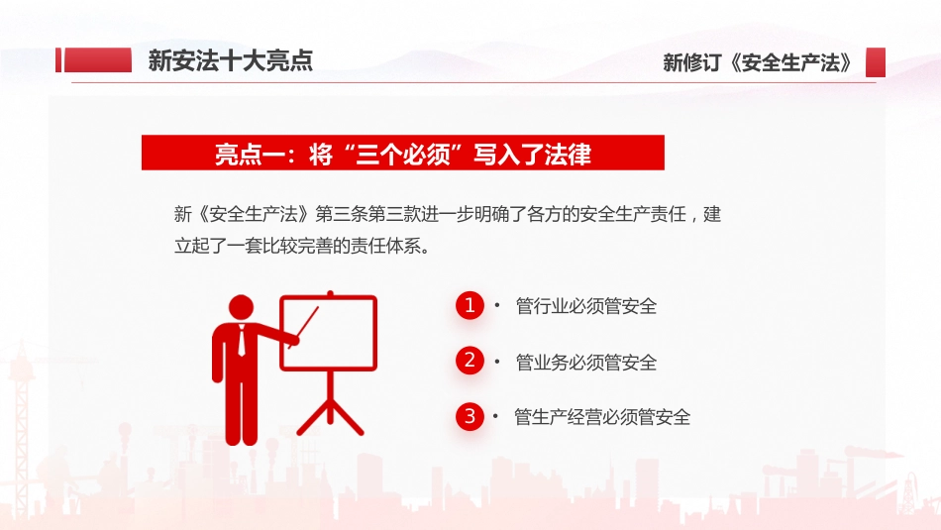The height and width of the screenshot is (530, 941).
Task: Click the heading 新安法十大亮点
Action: (x=230, y=60)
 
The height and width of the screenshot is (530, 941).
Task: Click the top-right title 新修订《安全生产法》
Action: (x=758, y=62)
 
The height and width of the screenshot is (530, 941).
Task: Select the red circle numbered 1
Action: (x=470, y=306)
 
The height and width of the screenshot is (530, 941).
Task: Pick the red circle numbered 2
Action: (x=470, y=361)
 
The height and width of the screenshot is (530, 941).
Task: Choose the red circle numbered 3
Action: (x=470, y=416)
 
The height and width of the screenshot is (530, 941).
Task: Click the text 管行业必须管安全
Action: (x=586, y=307)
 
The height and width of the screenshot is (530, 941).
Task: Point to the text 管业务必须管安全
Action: (x=586, y=363)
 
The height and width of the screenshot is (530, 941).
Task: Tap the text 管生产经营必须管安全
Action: (x=602, y=417)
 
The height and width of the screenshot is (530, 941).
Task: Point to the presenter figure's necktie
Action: (x=242, y=341)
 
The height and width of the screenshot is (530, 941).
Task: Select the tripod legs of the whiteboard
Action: (x=330, y=411)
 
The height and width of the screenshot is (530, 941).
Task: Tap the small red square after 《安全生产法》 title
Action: (x=875, y=62)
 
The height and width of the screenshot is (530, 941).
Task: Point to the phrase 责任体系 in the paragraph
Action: (x=390, y=246)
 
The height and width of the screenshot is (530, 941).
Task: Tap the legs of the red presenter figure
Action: (x=242, y=416)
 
